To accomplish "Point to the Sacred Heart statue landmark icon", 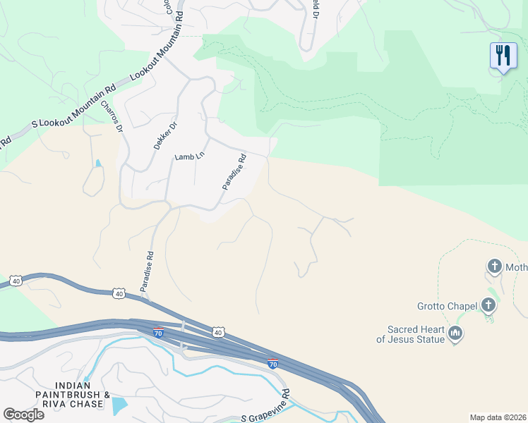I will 455,333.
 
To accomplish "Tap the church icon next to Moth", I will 494,266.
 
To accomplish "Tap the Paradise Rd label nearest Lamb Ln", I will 234,172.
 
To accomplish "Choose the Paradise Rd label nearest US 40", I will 147,272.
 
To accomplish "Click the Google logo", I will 23,414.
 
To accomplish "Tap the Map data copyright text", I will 498,417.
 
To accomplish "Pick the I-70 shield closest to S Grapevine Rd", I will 273,364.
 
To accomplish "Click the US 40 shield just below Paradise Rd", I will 119,293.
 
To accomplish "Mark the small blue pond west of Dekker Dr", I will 97,164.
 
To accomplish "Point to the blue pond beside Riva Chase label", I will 119,405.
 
